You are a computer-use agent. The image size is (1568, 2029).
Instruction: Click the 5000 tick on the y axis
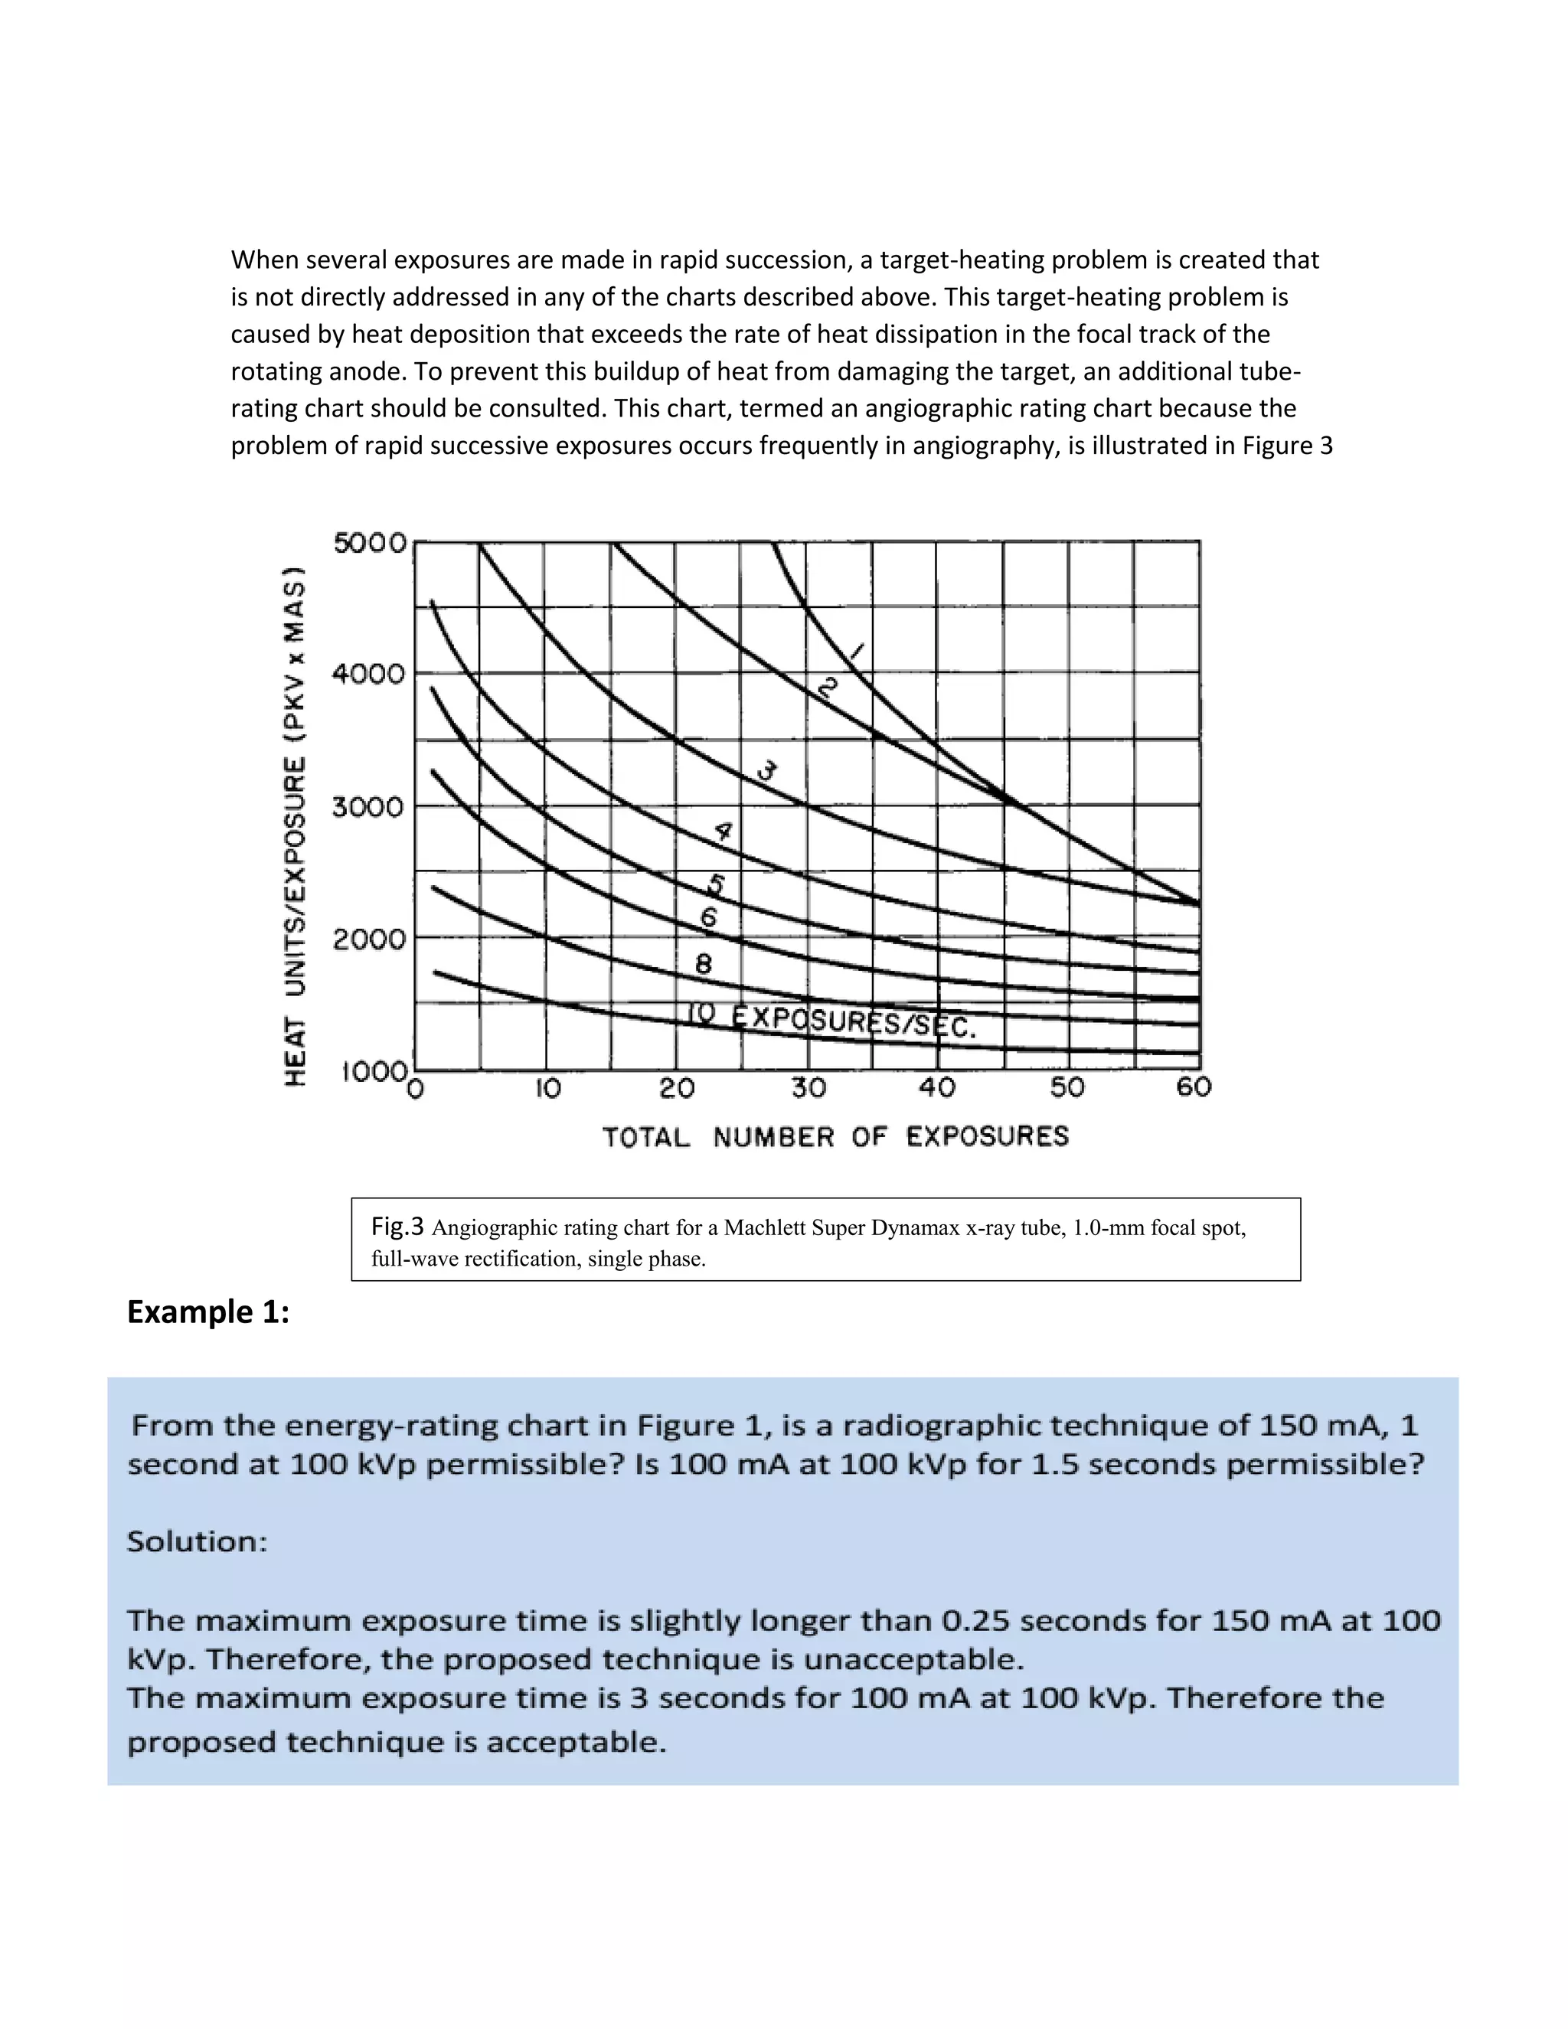[x=370, y=543]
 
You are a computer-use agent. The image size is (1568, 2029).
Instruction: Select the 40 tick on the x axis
[x=936, y=1087]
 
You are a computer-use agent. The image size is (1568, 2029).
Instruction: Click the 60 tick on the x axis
[x=1194, y=1087]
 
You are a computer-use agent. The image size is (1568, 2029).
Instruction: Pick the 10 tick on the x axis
[x=548, y=1088]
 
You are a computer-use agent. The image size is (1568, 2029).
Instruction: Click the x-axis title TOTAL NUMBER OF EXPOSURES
[x=835, y=1136]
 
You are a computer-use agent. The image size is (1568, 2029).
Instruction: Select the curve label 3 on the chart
[x=766, y=770]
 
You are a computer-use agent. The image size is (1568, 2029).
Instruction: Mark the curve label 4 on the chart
[x=723, y=832]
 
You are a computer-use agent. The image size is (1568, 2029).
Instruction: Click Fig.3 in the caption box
[x=397, y=1227]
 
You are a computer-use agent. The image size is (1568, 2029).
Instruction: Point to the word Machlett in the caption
[x=765, y=1228]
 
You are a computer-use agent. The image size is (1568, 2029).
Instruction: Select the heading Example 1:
[x=208, y=1312]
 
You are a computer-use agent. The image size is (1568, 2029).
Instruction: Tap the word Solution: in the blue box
[x=197, y=1541]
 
